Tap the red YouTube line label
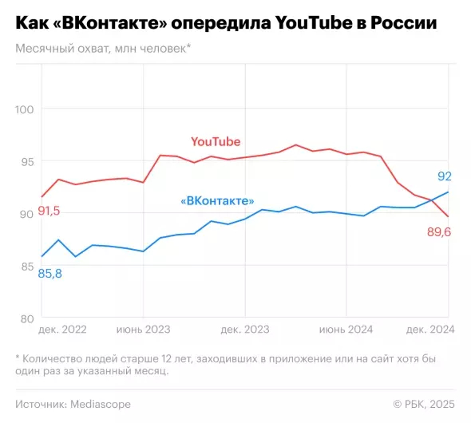click(216, 141)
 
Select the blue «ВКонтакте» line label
click(218, 200)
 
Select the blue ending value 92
click(445, 176)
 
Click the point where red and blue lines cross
click(432, 200)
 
